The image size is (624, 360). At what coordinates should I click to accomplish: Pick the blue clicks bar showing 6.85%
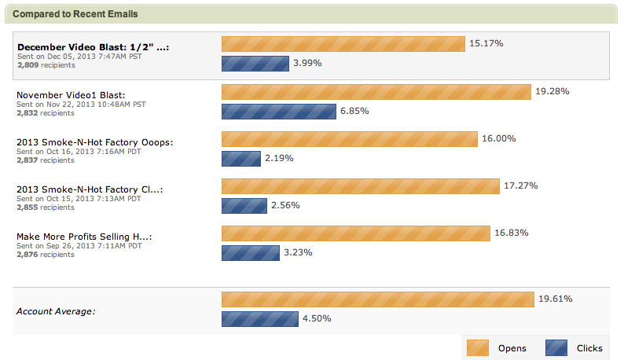click(x=278, y=112)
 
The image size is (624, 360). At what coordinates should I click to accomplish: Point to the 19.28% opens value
click(x=552, y=91)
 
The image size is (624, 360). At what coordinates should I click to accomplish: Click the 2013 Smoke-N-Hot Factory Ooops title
click(x=94, y=142)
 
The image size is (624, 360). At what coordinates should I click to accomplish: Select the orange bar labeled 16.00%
click(x=349, y=139)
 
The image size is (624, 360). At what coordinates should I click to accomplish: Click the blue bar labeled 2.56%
click(x=244, y=206)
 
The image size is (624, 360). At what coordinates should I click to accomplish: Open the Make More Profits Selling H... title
click(x=84, y=237)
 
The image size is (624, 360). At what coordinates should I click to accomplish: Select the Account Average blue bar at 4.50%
click(x=259, y=319)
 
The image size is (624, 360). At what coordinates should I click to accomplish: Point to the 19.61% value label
click(x=555, y=299)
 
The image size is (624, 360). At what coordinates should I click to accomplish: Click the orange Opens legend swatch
click(x=478, y=347)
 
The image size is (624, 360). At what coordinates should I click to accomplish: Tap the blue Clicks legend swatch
click(x=556, y=347)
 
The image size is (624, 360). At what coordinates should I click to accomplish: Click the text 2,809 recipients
click(x=45, y=65)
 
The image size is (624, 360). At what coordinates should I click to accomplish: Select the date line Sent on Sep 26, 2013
click(x=79, y=245)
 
